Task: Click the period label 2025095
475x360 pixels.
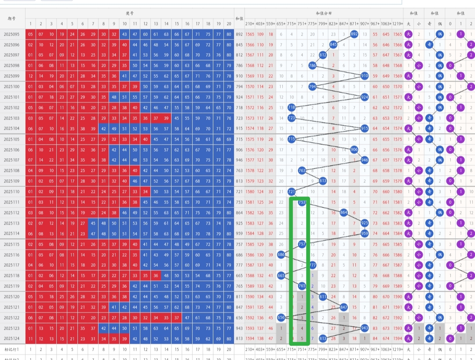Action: pyautogui.click(x=12, y=34)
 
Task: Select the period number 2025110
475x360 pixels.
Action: pyautogui.click(x=12, y=192)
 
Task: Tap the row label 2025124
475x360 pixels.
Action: pyautogui.click(x=12, y=338)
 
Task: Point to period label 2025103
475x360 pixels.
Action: pyautogui.click(x=12, y=118)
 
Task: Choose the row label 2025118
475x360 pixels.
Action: pyautogui.click(x=12, y=276)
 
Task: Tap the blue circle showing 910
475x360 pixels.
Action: pyautogui.click(x=365, y=76)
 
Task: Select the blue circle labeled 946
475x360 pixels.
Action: pyautogui.click(x=365, y=160)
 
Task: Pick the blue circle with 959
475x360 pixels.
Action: pyautogui.click(x=365, y=233)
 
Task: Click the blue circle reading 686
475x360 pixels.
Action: pyautogui.click(x=281, y=255)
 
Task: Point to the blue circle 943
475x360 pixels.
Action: pyautogui.click(x=365, y=328)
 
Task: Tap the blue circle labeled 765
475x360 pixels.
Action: pyautogui.click(x=302, y=286)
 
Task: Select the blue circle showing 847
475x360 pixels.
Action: pyautogui.click(x=343, y=307)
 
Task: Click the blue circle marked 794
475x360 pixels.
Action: pyautogui.click(x=313, y=87)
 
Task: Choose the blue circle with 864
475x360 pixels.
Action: pyautogui.click(x=343, y=213)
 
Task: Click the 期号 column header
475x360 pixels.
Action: pyautogui.click(x=12, y=18)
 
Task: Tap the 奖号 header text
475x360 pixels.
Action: pyautogui.click(x=129, y=14)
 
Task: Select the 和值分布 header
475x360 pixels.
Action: pyautogui.click(x=323, y=14)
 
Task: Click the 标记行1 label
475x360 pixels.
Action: pyautogui.click(x=12, y=349)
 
